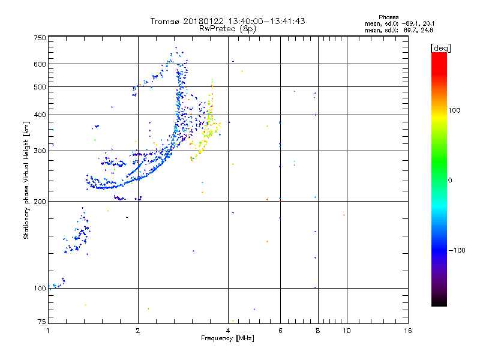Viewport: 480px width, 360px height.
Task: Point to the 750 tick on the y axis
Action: pos(40,38)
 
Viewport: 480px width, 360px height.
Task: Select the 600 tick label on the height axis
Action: pos(40,64)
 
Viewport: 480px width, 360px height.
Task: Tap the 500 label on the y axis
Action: pos(40,87)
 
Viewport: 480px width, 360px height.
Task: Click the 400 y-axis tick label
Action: pos(40,115)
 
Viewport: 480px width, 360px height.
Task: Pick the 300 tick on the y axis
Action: pos(40,151)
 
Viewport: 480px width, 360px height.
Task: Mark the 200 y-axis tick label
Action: pos(40,202)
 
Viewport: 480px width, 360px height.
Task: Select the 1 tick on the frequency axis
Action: pos(48,331)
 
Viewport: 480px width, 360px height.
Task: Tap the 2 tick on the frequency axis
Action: pos(138,331)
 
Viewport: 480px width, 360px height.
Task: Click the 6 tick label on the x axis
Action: pos(280,331)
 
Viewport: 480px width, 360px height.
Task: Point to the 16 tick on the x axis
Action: pos(407,331)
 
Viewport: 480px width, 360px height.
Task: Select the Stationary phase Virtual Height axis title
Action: pos(26,180)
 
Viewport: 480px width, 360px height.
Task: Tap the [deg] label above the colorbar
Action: pos(440,47)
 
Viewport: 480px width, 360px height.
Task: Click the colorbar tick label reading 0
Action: pos(450,180)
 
